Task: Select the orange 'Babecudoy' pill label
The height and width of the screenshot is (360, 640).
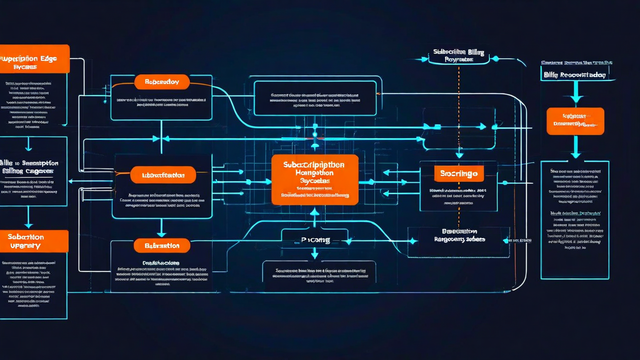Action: click(x=161, y=82)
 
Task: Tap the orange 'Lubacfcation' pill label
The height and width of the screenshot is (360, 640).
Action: click(x=163, y=175)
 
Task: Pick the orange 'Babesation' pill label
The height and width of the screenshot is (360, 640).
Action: click(x=162, y=245)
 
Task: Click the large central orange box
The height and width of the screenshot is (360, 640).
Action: click(x=314, y=179)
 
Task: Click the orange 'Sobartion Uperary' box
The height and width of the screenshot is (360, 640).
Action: click(x=33, y=241)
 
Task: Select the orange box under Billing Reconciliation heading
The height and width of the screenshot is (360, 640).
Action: click(x=575, y=121)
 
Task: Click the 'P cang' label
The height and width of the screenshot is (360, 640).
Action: click(x=315, y=240)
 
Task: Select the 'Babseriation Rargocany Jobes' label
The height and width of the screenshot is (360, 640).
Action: click(x=459, y=235)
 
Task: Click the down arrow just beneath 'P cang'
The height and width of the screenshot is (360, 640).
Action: click(x=314, y=253)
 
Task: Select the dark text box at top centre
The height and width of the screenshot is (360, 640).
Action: click(x=315, y=98)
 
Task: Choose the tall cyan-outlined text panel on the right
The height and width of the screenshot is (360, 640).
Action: click(x=575, y=220)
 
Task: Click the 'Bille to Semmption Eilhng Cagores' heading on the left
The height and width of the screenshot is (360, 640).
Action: click(x=33, y=167)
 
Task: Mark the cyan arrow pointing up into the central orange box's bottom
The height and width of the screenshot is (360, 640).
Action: click(x=314, y=213)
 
